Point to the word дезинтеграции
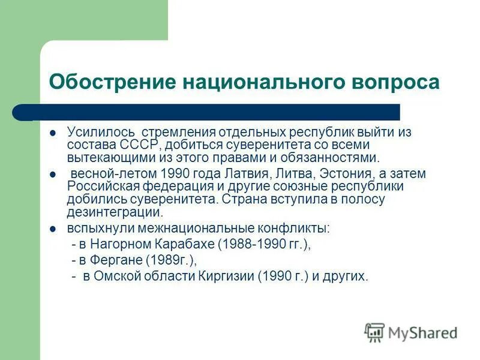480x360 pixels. pos(114,212)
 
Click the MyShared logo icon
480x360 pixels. pos(374,332)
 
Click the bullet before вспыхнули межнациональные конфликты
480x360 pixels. pos(53,229)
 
